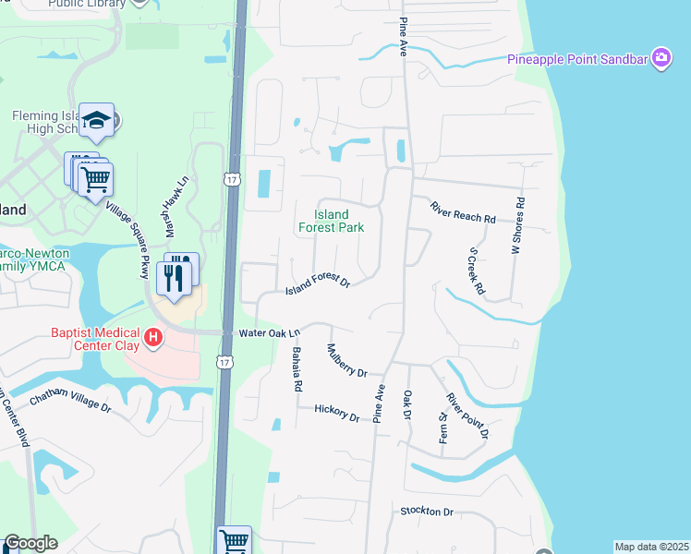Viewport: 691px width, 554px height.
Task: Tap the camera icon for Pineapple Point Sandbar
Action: click(661, 59)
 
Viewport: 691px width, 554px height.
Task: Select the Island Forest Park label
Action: click(331, 222)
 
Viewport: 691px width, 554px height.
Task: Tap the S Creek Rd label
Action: click(477, 270)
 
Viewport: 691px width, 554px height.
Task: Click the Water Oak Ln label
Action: click(270, 332)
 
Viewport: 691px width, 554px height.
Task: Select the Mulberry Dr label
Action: click(347, 360)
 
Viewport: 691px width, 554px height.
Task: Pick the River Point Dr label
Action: click(467, 415)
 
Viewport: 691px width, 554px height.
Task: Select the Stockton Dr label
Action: click(427, 512)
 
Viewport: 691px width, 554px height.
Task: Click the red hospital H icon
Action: click(154, 339)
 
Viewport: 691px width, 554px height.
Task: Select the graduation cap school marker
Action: click(96, 120)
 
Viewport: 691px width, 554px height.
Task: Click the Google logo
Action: click(30, 543)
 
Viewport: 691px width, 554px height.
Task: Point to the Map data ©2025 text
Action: click(651, 547)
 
